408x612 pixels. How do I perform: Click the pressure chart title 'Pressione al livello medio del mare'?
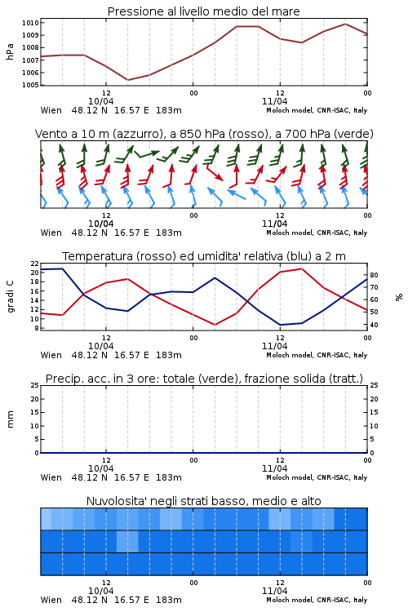click(203, 11)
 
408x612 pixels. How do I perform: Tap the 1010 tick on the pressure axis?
click(30, 23)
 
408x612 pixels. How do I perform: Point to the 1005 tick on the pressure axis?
click(30, 85)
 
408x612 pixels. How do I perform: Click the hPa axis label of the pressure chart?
click(10, 51)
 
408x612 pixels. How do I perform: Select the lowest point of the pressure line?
click(127, 80)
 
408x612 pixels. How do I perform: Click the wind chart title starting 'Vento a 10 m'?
click(204, 134)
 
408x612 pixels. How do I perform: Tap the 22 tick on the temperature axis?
click(35, 264)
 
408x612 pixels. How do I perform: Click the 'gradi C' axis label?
click(10, 296)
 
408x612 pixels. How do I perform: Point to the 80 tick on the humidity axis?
click(374, 275)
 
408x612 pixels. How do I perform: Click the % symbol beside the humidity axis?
click(398, 297)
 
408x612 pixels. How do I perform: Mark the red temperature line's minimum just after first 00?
click(215, 325)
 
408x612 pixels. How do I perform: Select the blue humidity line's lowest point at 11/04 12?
click(281, 325)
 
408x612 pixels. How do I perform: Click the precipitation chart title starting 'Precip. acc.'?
click(204, 379)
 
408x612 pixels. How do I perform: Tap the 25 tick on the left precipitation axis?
click(35, 385)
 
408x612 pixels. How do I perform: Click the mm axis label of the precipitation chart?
click(10, 419)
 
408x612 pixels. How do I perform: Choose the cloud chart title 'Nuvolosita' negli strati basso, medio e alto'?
click(203, 501)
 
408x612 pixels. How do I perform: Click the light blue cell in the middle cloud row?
click(127, 541)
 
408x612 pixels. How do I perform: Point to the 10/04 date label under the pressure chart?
click(100, 101)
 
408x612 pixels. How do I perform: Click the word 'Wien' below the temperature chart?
click(51, 355)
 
